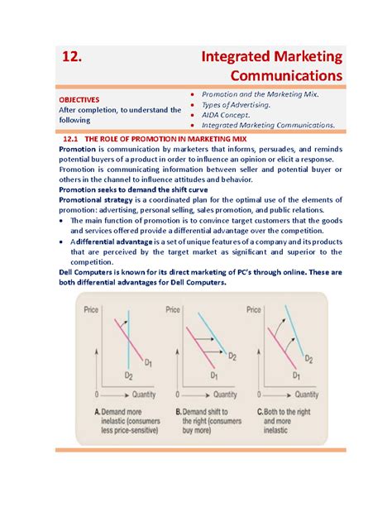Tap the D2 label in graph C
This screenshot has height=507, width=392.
(307, 359)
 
